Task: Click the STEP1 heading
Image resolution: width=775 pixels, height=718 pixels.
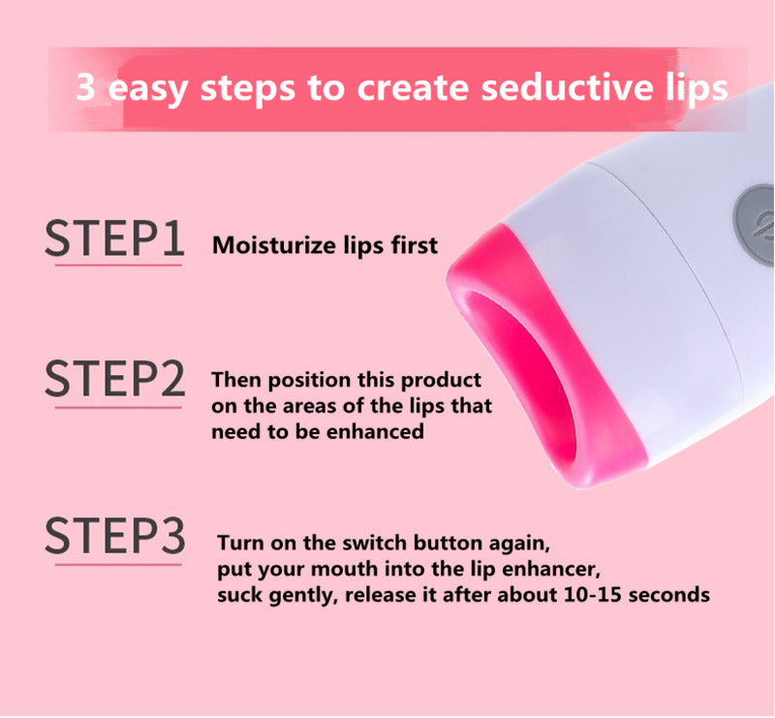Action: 114,238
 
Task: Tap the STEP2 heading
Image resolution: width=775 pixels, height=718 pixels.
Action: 114,379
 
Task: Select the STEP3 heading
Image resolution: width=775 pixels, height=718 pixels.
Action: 114,535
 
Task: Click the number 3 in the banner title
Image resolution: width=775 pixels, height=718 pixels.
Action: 85,87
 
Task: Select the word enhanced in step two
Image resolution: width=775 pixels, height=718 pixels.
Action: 375,432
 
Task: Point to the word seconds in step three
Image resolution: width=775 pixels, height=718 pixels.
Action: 669,594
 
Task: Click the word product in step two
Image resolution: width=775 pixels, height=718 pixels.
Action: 441,381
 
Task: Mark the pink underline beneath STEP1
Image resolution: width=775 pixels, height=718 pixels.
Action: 118,265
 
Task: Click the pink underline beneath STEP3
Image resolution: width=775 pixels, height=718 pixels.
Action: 118,564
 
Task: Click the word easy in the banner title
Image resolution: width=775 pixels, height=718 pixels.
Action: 148,90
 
